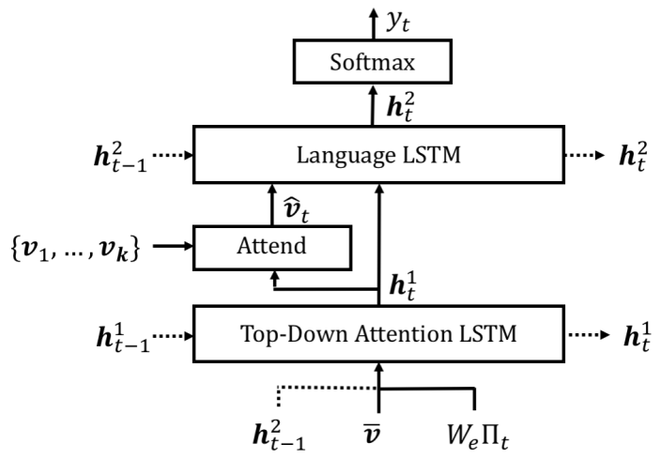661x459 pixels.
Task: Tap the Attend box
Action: tap(270, 246)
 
